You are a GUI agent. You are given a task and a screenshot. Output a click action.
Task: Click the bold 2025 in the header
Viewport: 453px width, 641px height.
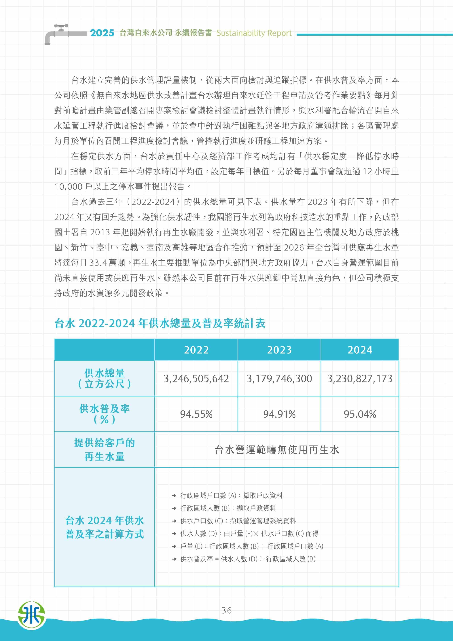pyautogui.click(x=102, y=33)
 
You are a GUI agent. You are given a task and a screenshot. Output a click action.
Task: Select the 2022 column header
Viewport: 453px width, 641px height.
pyautogui.click(x=196, y=350)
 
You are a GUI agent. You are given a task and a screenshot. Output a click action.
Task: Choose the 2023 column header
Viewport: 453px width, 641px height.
pyautogui.click(x=279, y=350)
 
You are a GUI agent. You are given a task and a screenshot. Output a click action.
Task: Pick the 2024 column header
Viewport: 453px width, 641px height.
pyautogui.click(x=360, y=350)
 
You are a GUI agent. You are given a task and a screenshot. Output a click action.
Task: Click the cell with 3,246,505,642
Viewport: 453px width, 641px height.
pyautogui.click(x=196, y=379)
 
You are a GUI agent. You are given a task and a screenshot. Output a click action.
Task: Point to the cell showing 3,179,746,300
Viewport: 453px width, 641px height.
pyautogui.click(x=279, y=379)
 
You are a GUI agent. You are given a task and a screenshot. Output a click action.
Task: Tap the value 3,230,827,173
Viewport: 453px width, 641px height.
pyautogui.click(x=360, y=379)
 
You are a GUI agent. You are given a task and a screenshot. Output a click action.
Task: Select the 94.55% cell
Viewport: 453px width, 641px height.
pyautogui.click(x=196, y=414)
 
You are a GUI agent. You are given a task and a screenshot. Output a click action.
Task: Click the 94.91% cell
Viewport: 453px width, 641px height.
pyautogui.click(x=279, y=414)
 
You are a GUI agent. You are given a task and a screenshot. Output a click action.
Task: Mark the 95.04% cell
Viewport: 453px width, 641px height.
pyautogui.click(x=360, y=414)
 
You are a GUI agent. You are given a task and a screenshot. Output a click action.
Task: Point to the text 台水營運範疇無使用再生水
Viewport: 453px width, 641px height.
pyautogui.click(x=277, y=450)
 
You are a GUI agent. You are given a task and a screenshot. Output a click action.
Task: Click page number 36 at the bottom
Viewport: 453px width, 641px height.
pyautogui.click(x=226, y=610)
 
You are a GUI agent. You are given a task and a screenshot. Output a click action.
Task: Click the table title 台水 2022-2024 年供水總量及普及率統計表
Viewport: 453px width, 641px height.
pyautogui.click(x=160, y=323)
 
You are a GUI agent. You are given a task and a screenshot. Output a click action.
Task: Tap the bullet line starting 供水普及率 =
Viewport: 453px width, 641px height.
pyautogui.click(x=248, y=559)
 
